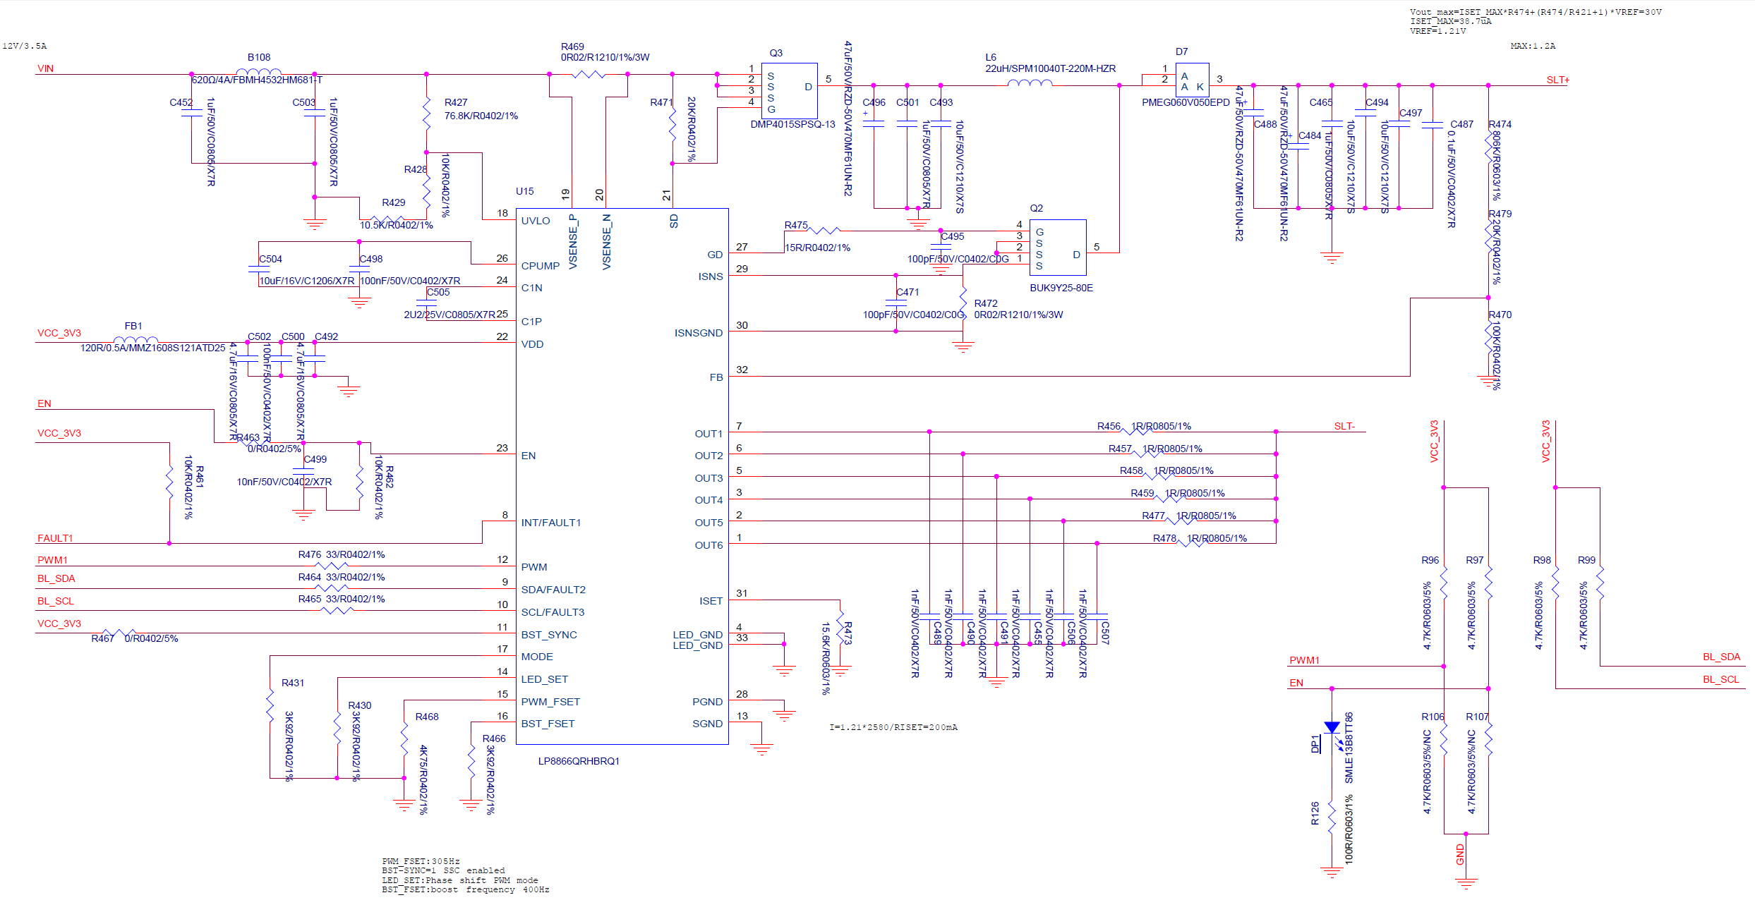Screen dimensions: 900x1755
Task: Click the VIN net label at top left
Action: [45, 68]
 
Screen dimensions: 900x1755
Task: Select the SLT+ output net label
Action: [1557, 80]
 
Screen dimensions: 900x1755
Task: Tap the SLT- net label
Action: [1344, 426]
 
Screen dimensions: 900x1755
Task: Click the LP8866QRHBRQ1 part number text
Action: [578, 761]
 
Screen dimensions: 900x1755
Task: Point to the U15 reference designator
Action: [524, 191]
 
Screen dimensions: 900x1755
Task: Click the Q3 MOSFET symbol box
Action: [789, 91]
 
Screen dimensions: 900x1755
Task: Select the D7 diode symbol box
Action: [1192, 80]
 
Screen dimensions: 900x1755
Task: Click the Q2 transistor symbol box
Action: [1057, 248]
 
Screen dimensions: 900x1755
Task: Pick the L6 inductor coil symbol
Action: [1029, 83]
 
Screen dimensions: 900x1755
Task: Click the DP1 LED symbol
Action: [1332, 729]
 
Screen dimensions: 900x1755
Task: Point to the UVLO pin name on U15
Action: [535, 221]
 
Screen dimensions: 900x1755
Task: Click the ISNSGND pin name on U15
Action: [698, 333]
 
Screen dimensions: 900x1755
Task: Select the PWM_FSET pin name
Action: [550, 702]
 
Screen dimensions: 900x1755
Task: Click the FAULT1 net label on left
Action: [55, 538]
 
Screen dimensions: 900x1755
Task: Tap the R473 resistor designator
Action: [848, 633]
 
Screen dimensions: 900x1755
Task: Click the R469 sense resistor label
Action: [572, 47]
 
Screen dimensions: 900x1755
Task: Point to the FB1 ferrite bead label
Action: [133, 326]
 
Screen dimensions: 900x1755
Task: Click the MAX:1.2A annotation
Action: [1532, 46]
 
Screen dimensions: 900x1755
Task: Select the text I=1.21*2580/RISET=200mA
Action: [893, 727]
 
